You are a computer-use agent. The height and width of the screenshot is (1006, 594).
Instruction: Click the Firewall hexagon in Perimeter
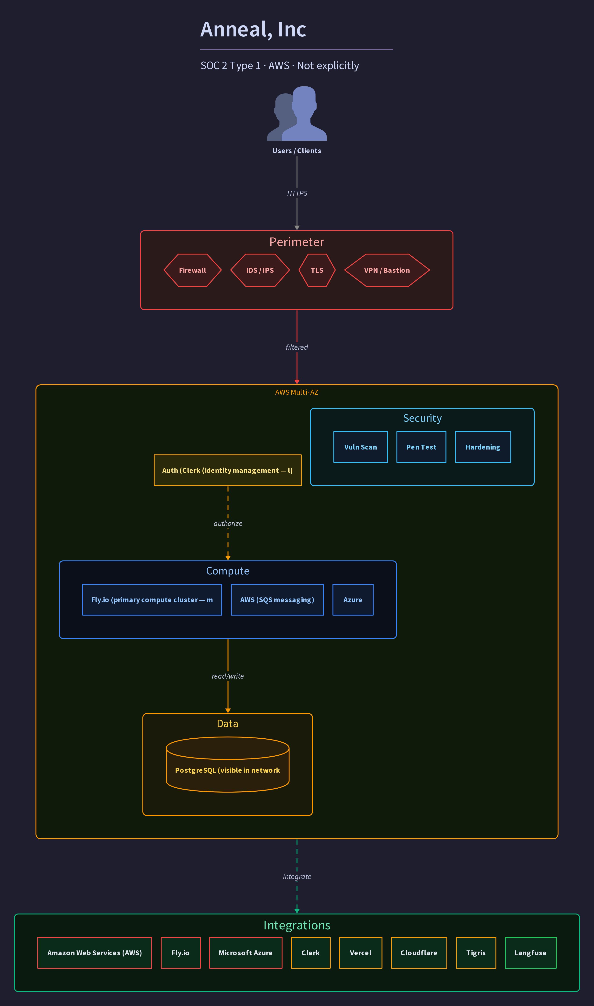pyautogui.click(x=193, y=270)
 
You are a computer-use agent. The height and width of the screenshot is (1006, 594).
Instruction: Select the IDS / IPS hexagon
pyautogui.click(x=260, y=270)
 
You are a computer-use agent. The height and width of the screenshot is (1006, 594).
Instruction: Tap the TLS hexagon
pyautogui.click(x=317, y=270)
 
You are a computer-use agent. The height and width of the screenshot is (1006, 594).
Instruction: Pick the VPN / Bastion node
pyautogui.click(x=387, y=270)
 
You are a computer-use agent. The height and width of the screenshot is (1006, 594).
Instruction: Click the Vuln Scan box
pyautogui.click(x=361, y=447)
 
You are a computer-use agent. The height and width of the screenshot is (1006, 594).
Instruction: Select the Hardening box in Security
pyautogui.click(x=483, y=447)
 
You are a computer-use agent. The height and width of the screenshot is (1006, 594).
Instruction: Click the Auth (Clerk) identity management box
pyautogui.click(x=228, y=470)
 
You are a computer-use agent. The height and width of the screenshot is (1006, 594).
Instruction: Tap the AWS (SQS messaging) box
pyautogui.click(x=277, y=600)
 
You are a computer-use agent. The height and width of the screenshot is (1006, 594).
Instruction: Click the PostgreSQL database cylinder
pyautogui.click(x=228, y=765)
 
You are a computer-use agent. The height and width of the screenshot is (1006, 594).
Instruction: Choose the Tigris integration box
pyautogui.click(x=476, y=953)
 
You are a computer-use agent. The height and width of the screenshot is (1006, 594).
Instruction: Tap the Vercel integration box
pyautogui.click(x=361, y=953)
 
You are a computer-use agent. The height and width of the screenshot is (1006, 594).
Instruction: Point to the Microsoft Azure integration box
pyautogui.click(x=246, y=953)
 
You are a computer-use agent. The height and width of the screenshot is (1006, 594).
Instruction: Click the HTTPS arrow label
pyautogui.click(x=297, y=193)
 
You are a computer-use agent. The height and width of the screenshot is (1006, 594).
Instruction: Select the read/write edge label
pyautogui.click(x=228, y=676)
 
